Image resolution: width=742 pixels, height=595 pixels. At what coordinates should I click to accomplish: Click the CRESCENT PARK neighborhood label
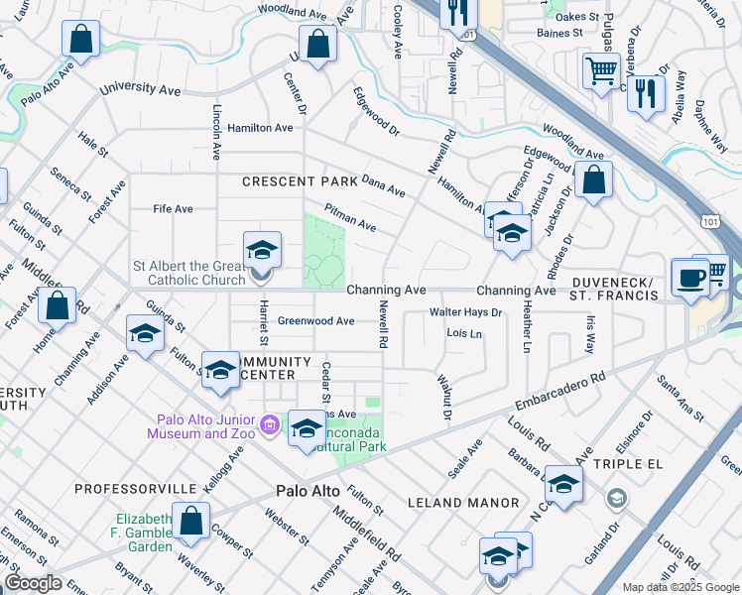(293, 181)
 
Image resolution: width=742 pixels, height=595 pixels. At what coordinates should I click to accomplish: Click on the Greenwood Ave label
(315, 321)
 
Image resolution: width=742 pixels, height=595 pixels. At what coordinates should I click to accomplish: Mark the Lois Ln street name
(464, 333)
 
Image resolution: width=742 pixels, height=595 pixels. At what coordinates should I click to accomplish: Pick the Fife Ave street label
(173, 209)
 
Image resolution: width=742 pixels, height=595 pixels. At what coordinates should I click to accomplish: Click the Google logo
(33, 582)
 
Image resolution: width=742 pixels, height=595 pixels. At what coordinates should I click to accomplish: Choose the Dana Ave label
(383, 185)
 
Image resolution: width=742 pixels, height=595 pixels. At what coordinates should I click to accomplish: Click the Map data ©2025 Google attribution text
(680, 587)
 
